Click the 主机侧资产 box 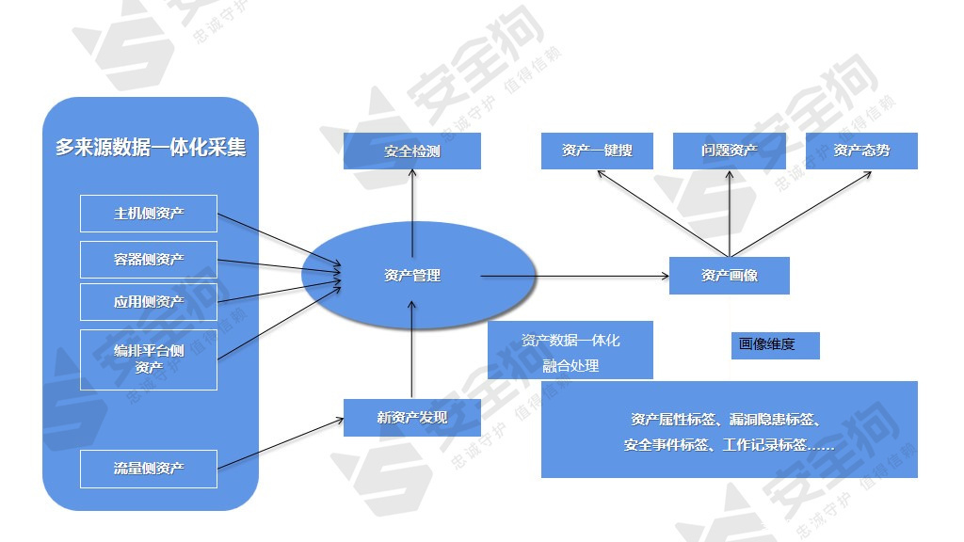coord(149,214)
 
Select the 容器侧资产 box coord(149,259)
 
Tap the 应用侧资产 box coord(149,302)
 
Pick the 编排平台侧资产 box coord(149,359)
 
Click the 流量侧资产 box coord(149,469)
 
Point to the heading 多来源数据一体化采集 coord(151,148)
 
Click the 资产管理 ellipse coord(412,276)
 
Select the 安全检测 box coord(412,151)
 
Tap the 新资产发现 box coord(412,418)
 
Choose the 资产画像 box coord(730,276)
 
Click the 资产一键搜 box coord(597,151)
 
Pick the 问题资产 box coord(730,151)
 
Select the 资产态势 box coord(861,151)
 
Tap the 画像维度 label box coord(775,345)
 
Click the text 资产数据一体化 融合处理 coord(570,353)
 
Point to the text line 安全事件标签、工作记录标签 coord(729,445)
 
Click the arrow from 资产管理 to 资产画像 coord(574,276)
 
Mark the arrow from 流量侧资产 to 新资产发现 coord(281,443)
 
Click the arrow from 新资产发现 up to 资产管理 coord(412,348)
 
